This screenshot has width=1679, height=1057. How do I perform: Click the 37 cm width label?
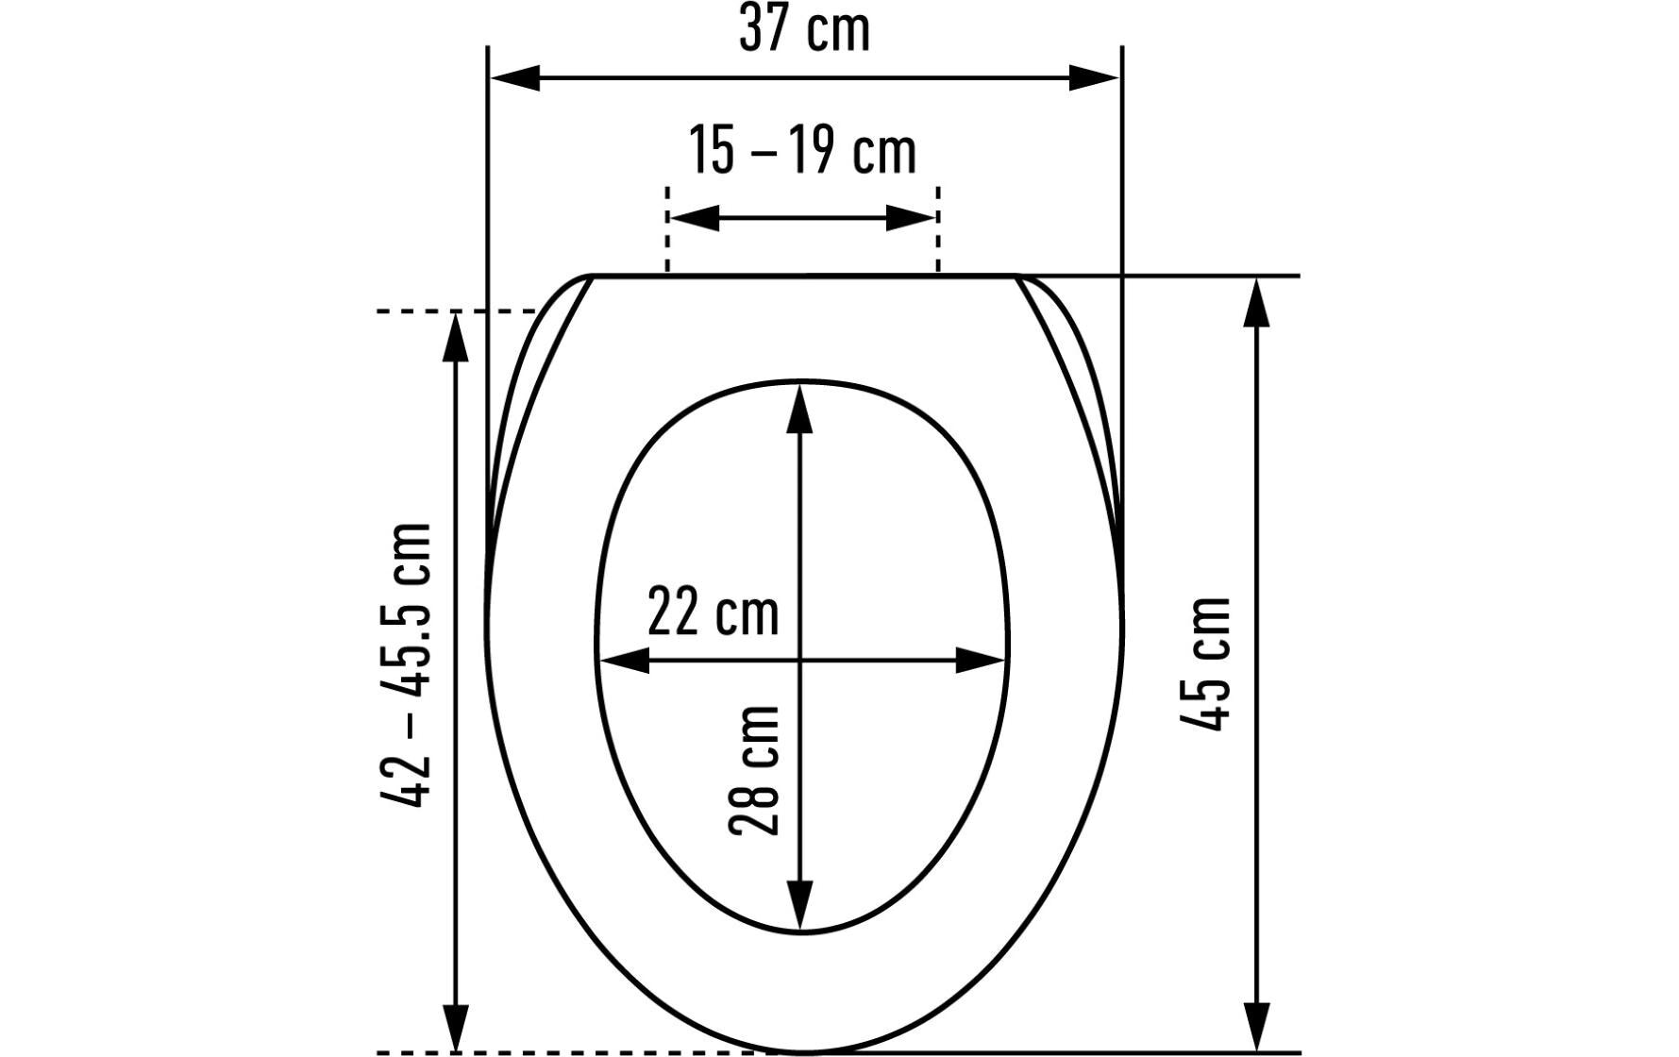[x=804, y=30]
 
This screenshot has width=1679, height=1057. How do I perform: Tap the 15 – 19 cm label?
[x=801, y=151]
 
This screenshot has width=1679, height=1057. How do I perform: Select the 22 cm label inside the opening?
[x=714, y=612]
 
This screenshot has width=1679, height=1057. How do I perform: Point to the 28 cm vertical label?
[x=754, y=770]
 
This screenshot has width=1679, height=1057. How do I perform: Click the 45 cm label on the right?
[x=1206, y=663]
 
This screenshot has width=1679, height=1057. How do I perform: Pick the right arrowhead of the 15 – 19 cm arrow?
[x=911, y=218]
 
